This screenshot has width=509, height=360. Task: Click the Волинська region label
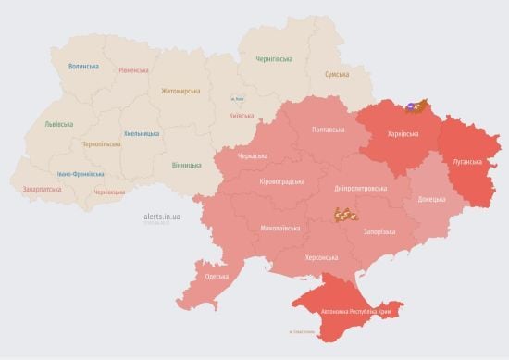point(83,67)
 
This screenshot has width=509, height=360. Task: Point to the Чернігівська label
point(277,58)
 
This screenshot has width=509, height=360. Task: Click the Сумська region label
point(337,74)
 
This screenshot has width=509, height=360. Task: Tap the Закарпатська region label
point(43,190)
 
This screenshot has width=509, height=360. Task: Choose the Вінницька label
point(186,165)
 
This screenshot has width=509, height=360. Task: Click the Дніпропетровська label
point(359,188)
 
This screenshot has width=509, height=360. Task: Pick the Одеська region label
point(217,277)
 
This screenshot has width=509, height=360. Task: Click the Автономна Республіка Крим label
point(355,314)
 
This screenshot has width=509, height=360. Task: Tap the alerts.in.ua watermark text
point(162,216)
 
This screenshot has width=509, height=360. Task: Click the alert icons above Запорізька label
point(346,216)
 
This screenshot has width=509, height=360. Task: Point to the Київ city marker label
point(238,98)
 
